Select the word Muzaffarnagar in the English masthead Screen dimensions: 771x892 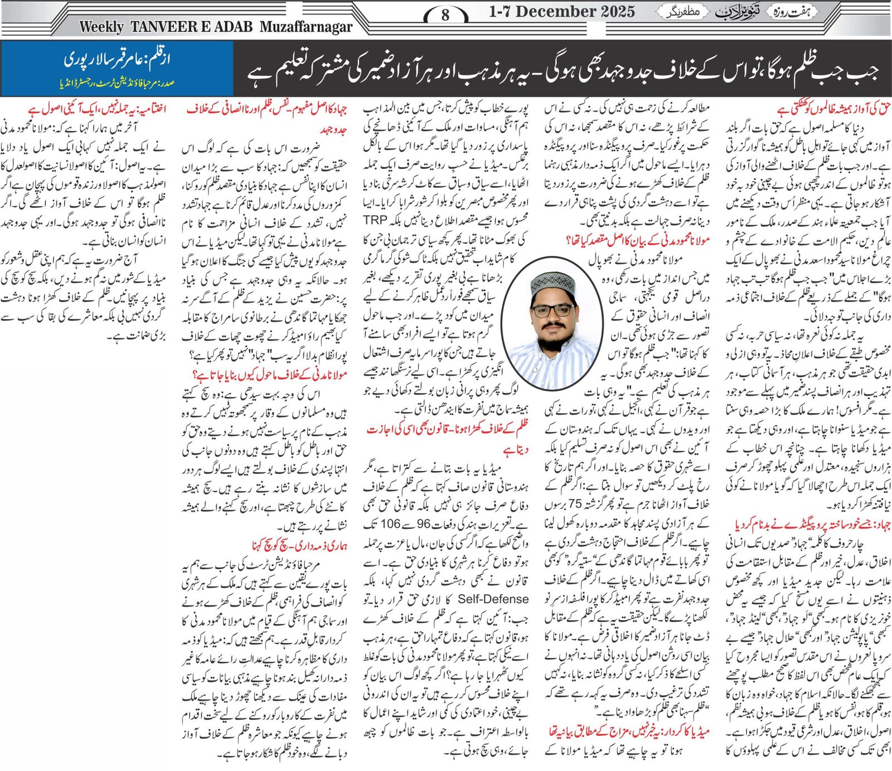click(x=306, y=27)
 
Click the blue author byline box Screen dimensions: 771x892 click(x=117, y=68)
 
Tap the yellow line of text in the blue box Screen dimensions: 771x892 click(x=117, y=84)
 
